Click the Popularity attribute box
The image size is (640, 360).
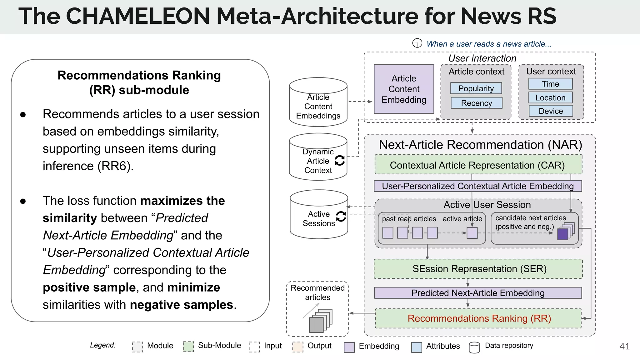pos(476,88)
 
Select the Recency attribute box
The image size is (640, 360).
pos(476,103)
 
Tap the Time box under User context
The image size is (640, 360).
pos(550,84)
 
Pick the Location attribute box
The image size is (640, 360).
pos(550,97)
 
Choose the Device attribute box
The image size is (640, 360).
pos(551,111)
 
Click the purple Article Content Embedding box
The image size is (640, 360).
pos(404,89)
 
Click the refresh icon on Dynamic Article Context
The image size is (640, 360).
pos(340,160)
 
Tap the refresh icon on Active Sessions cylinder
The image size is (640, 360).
pos(341,216)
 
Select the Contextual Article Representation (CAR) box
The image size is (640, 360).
pos(478,165)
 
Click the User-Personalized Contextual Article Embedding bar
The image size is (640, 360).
pos(477,186)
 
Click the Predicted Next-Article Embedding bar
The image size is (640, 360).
pos(477,293)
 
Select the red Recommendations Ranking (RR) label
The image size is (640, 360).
pos(479,318)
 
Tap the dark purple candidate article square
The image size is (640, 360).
pos(562,234)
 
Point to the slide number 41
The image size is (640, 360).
pos(624,346)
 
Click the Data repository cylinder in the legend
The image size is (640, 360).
pos(474,347)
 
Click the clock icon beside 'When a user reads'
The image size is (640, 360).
pos(417,43)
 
